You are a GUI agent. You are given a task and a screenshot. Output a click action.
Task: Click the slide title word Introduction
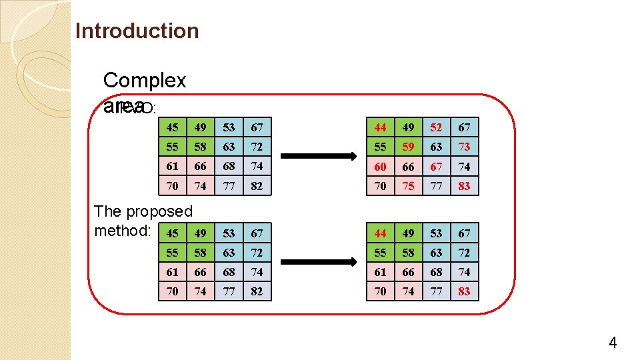click(x=137, y=31)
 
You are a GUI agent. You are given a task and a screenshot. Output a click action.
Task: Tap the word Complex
click(x=145, y=81)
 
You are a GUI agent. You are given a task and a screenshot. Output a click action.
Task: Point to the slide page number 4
click(x=612, y=343)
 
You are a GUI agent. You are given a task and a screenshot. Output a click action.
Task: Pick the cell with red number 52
click(x=436, y=127)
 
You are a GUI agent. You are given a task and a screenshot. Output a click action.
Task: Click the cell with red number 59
click(x=408, y=147)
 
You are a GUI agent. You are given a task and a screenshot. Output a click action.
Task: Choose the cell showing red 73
click(x=464, y=147)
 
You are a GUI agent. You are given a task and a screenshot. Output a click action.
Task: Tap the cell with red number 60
click(x=380, y=166)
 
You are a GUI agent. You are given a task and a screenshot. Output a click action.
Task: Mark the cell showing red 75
click(x=408, y=186)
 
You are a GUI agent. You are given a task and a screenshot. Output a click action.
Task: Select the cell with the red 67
click(x=436, y=166)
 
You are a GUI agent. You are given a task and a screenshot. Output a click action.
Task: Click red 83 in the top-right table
click(x=464, y=186)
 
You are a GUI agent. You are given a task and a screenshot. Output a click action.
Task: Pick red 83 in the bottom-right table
click(x=464, y=291)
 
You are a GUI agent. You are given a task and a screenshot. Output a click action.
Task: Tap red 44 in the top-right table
click(x=380, y=127)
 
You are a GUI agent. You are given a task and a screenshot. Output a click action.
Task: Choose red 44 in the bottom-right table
click(x=380, y=233)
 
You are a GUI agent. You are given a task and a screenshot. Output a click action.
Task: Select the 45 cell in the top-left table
click(x=173, y=127)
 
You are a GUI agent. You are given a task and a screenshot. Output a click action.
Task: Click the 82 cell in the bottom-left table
click(x=257, y=291)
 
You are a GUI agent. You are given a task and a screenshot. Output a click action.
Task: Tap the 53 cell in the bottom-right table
click(x=436, y=233)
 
